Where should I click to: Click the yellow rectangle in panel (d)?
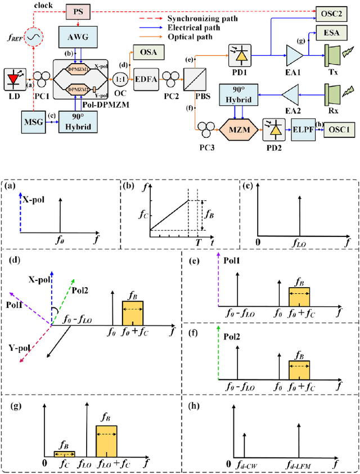[133, 313]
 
